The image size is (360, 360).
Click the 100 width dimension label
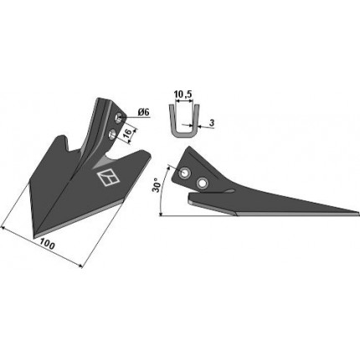(x=47, y=244)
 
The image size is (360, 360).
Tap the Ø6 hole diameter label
(x=143, y=112)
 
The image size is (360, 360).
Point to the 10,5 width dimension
(x=183, y=95)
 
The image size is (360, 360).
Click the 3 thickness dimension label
(x=212, y=123)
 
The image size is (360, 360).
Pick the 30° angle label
(x=156, y=185)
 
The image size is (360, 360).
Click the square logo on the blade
(x=108, y=177)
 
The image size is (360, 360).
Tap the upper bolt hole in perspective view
(x=119, y=117)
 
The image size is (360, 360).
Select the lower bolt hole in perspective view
(x=112, y=133)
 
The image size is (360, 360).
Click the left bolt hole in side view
(x=184, y=172)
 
